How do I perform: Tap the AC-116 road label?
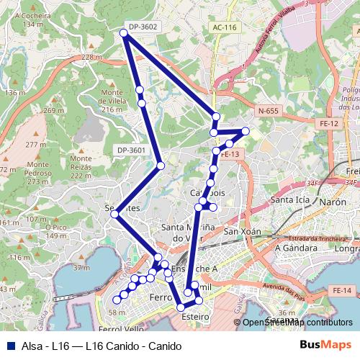[x=225, y=27]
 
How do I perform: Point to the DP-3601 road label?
[x=130, y=150]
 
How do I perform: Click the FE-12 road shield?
[x=330, y=124]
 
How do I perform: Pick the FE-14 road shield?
[x=342, y=290]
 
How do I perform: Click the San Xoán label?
[x=241, y=232]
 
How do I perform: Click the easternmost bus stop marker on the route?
[x=246, y=131]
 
